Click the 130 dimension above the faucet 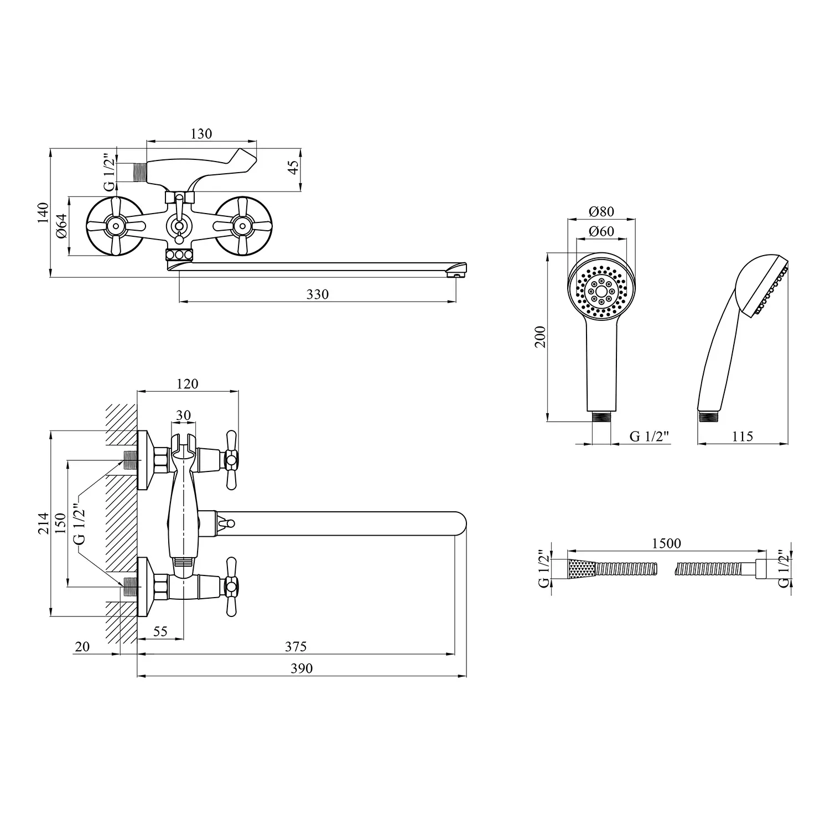click(201, 133)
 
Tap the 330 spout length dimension click(318, 294)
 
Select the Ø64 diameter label click(61, 226)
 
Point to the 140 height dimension click(43, 212)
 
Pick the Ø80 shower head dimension click(601, 211)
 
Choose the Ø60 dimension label click(601, 231)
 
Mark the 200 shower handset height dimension click(541, 336)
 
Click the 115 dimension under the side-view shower click(742, 436)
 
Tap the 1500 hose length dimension click(666, 543)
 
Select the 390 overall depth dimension click(302, 668)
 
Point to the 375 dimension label click(295, 646)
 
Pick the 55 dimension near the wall click(160, 631)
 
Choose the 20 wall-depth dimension click(82, 646)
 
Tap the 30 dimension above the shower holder click(183, 415)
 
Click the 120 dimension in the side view click(187, 383)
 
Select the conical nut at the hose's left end click(580, 568)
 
